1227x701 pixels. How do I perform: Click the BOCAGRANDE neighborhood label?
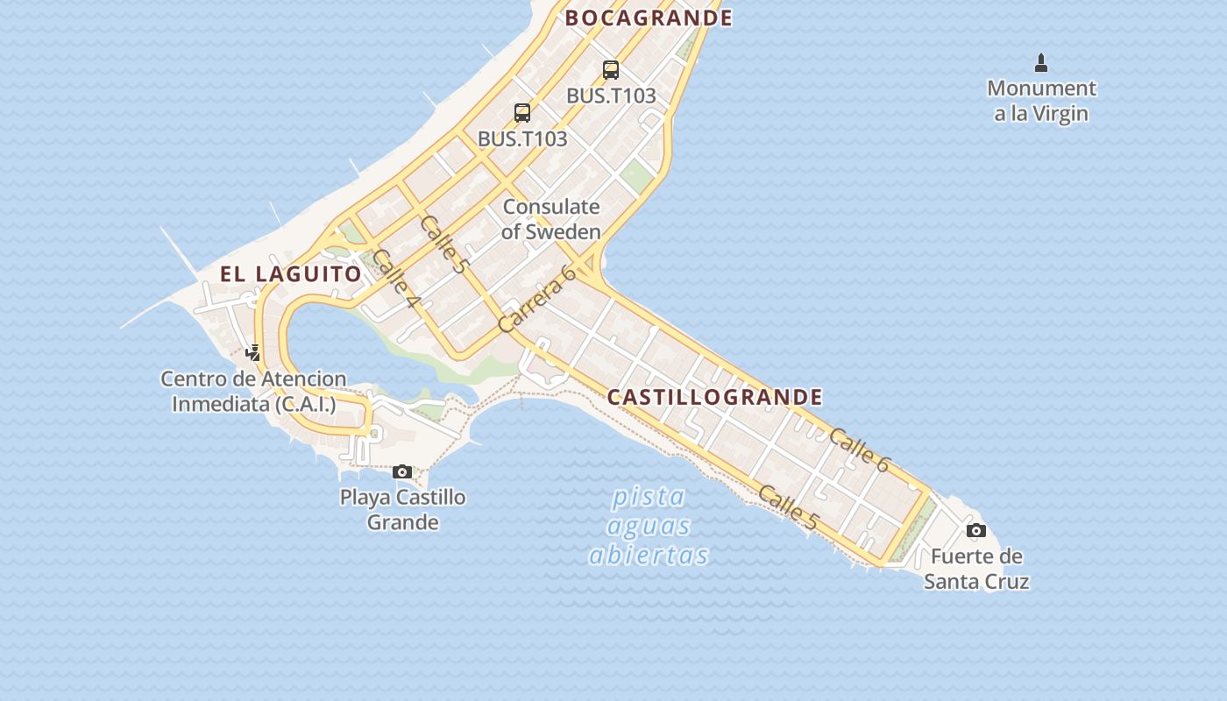point(649,18)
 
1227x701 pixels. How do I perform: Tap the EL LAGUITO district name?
point(290,274)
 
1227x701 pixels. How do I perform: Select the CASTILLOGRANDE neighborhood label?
point(715,397)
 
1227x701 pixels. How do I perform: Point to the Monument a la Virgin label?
point(1041,101)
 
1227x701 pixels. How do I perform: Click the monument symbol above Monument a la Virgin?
point(1041,63)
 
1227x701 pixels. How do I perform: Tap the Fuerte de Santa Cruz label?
point(976,569)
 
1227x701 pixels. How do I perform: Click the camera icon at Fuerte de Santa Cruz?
point(975,531)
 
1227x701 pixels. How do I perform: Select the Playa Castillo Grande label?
point(402,510)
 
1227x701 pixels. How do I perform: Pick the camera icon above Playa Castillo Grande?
point(402,472)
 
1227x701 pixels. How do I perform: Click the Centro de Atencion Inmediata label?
point(253,392)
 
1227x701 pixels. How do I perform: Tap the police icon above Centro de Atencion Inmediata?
point(253,353)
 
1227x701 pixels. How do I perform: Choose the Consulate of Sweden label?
point(551,219)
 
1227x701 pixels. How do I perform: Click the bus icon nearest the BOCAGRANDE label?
point(611,70)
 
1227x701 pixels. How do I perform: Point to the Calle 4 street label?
point(396,279)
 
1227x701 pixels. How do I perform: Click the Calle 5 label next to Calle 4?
point(443,244)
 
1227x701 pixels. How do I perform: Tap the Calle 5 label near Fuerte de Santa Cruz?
point(788,507)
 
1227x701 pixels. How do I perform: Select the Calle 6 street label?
point(859,450)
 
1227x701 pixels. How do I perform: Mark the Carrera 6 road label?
point(536,299)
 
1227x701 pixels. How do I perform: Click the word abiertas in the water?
point(649,556)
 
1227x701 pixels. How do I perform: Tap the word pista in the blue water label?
point(649,498)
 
